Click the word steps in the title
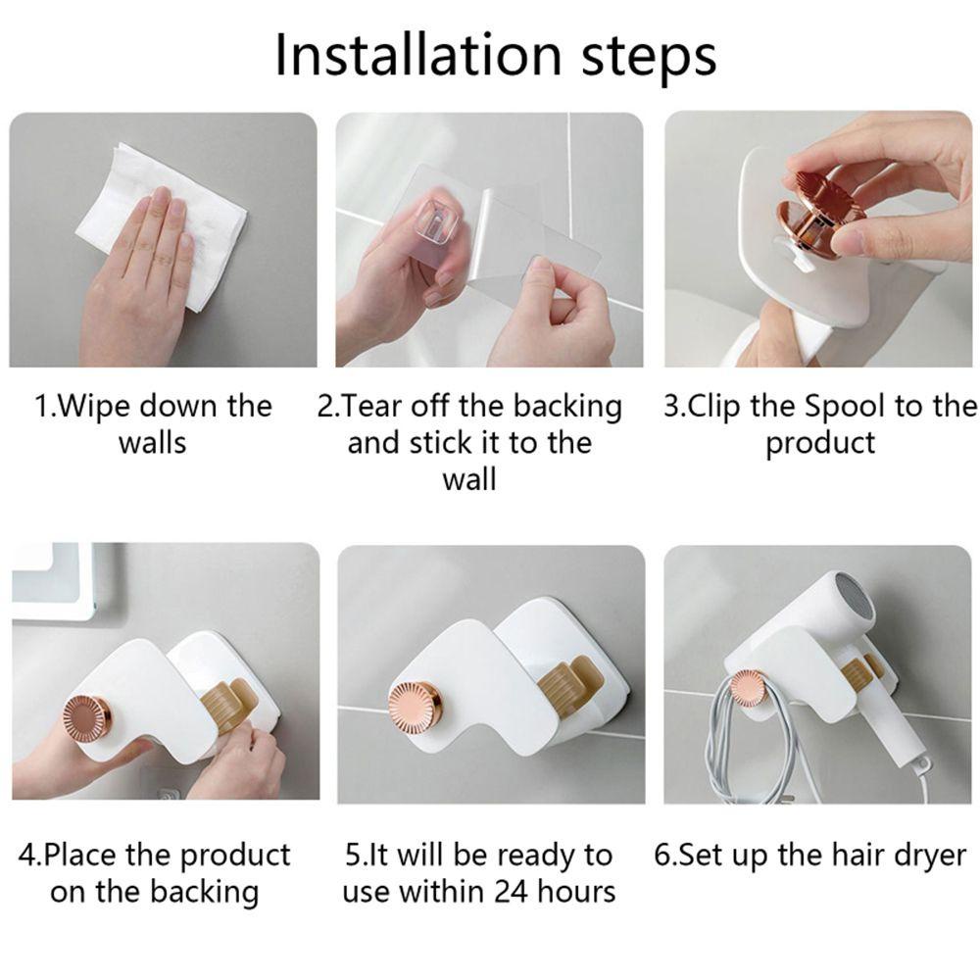pyautogui.click(x=649, y=58)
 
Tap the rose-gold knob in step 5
pyautogui.click(x=414, y=706)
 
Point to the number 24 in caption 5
pyautogui.click(x=511, y=893)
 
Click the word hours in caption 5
pyautogui.click(x=576, y=892)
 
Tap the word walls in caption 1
pyautogui.click(x=153, y=443)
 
